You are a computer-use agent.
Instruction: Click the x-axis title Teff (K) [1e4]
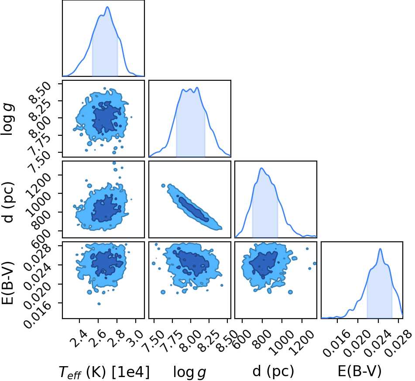coord(104,372)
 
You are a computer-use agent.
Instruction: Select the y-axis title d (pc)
coord(8,202)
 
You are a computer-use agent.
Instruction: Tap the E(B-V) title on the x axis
coord(360,371)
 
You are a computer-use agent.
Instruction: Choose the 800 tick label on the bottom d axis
coord(262,335)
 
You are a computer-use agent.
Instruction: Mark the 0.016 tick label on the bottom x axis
coord(333,341)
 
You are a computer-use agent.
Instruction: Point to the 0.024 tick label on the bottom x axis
coord(374,341)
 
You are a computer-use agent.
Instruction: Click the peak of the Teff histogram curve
coord(107,7)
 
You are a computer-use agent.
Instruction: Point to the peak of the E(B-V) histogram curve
coord(381,248)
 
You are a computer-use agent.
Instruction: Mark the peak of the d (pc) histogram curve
coord(261,168)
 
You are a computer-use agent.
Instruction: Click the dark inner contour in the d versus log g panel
coord(193,208)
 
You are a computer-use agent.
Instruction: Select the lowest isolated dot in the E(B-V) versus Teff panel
coord(99,304)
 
